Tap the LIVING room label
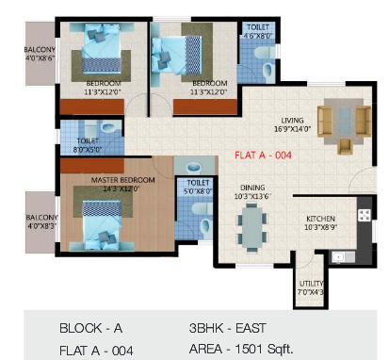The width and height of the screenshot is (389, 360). pos(291,119)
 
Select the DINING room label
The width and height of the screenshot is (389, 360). pos(251,188)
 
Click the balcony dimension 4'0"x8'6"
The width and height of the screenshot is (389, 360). pos(41,58)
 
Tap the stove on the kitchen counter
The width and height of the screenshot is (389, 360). pos(360,219)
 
